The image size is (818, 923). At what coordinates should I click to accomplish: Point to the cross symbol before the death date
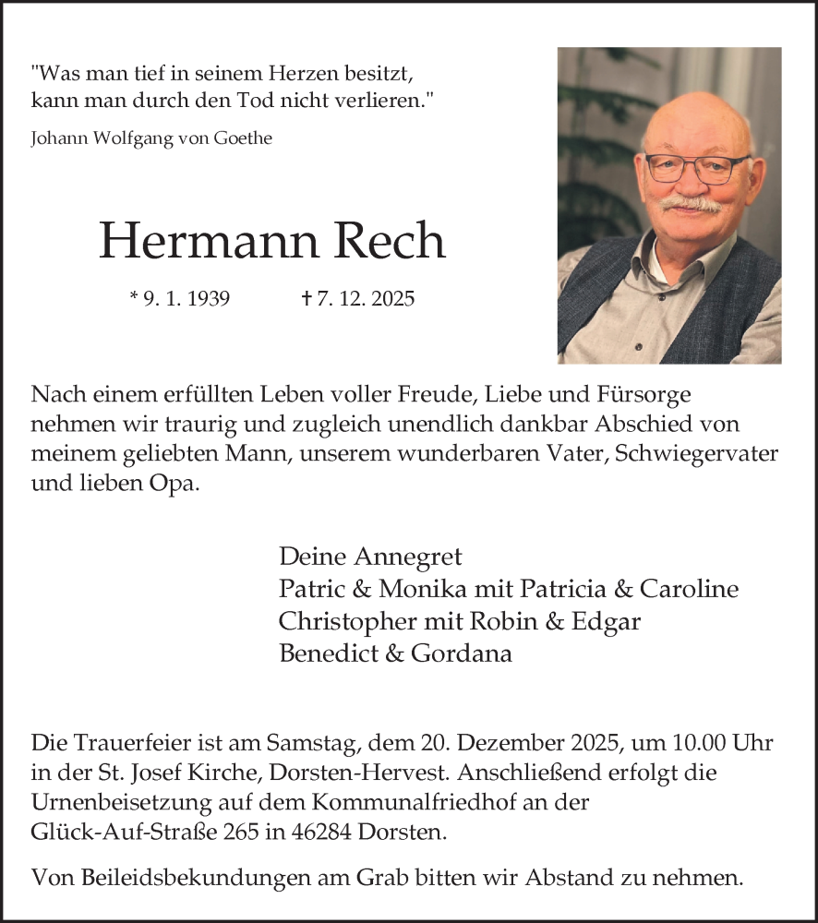point(307,299)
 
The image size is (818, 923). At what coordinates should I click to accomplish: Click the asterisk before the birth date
point(135,297)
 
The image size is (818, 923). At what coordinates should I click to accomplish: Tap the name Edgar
point(606,621)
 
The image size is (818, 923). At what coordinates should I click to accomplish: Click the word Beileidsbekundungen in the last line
point(177,878)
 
